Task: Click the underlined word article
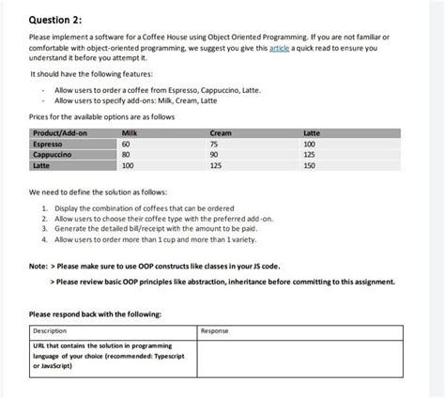[x=280, y=46]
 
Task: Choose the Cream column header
[x=221, y=135]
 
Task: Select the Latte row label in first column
[x=41, y=164]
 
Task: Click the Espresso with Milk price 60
[x=128, y=145]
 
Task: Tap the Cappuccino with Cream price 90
[x=215, y=154]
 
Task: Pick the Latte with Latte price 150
[x=310, y=164]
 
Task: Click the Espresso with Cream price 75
[x=215, y=145]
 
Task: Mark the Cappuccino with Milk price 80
[x=128, y=154]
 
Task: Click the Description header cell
[x=52, y=330]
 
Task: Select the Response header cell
[x=217, y=330]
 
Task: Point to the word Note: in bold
[x=40, y=266]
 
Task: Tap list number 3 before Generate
[x=44, y=228]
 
